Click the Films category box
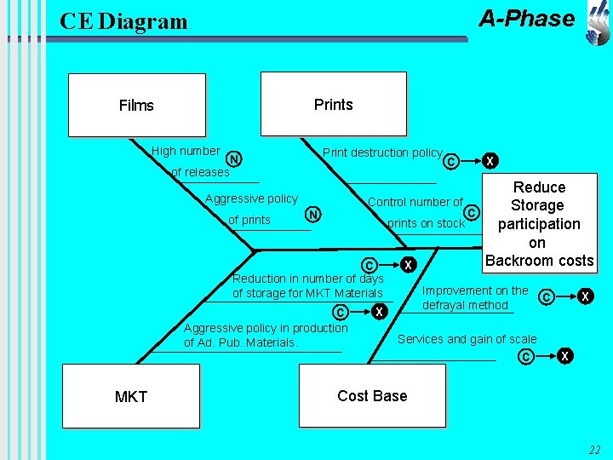point(137,106)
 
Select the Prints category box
point(334,104)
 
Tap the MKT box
point(131,396)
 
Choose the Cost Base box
point(372,395)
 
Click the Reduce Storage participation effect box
point(540,223)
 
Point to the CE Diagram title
point(123,21)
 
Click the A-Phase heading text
point(527,19)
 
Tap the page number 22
point(594,450)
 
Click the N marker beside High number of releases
point(234,159)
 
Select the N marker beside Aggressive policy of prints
point(313,215)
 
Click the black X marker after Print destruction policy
point(490,161)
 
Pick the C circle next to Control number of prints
point(472,213)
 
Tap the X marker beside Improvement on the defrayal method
point(585,296)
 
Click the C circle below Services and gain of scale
point(526,356)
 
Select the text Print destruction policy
point(382,152)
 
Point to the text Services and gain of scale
point(467,339)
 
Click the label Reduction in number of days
point(308,279)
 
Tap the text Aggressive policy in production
point(266,328)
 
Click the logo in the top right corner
point(599,24)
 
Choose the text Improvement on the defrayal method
point(475,297)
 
